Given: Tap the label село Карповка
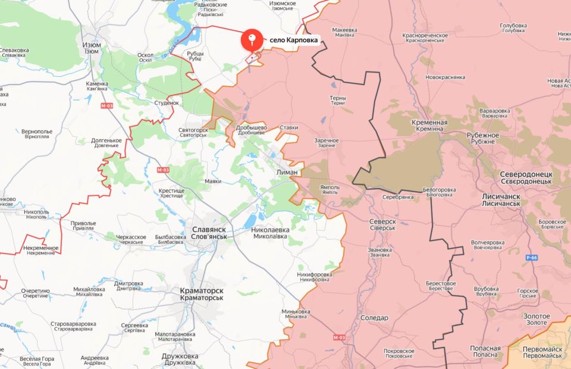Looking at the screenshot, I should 295,40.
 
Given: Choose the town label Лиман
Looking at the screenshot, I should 287,171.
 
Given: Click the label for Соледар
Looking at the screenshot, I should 374,318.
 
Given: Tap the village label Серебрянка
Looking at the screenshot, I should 398,197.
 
